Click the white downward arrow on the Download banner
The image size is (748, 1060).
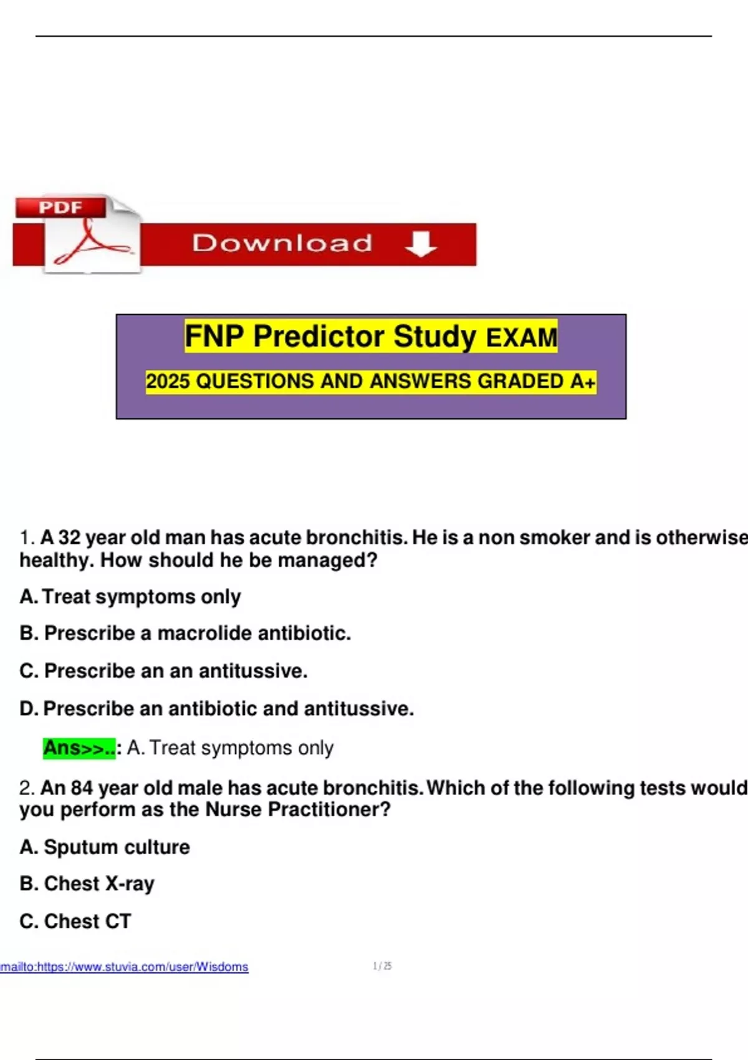[421, 244]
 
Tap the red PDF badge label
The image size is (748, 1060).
[60, 207]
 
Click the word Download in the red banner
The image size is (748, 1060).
[282, 243]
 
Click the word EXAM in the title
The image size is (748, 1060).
[521, 337]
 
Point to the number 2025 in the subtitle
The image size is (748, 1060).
[168, 382]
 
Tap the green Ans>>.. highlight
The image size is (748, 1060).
[80, 748]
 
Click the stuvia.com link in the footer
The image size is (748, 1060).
[125, 966]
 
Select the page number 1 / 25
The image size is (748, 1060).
[382, 966]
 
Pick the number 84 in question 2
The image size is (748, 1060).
[82, 788]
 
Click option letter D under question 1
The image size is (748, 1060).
[29, 709]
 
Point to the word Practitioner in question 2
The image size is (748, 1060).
[329, 810]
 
